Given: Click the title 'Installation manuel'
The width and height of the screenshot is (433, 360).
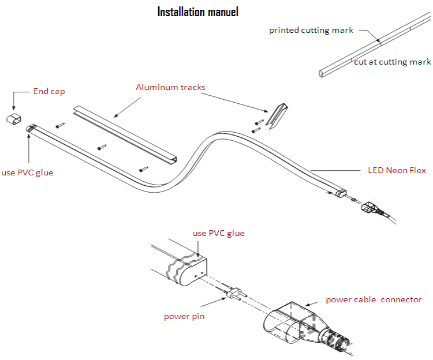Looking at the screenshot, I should tap(197, 12).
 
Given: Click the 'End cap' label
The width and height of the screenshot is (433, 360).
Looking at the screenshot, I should tap(49, 91).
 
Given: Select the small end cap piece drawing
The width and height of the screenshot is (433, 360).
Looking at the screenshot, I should tap(13, 118).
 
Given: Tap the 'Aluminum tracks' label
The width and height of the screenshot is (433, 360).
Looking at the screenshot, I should tap(170, 87).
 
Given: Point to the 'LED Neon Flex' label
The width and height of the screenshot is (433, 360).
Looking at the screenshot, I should tap(397, 170).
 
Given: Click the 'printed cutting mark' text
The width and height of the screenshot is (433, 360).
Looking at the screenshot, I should tap(311, 30).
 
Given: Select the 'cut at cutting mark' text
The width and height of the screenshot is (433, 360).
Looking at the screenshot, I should tap(393, 62).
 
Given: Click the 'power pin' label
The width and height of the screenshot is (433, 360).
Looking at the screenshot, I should tap(184, 316).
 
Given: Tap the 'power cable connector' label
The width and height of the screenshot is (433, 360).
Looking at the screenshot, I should tap(374, 299).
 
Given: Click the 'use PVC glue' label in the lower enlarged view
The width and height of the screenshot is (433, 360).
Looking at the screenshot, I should tap(218, 233).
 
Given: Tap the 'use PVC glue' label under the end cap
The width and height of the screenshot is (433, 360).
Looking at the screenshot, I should tap(27, 172).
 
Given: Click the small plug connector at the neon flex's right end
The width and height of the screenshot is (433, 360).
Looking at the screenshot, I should tap(370, 207).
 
